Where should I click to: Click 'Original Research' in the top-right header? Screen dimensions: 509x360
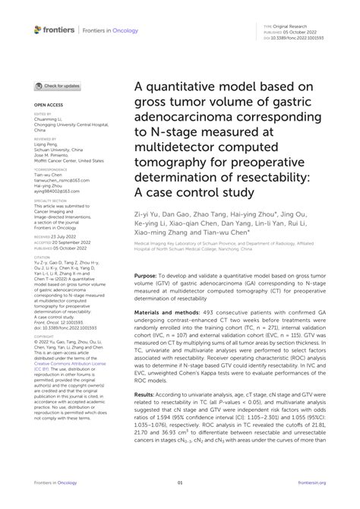(x=309, y=26)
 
